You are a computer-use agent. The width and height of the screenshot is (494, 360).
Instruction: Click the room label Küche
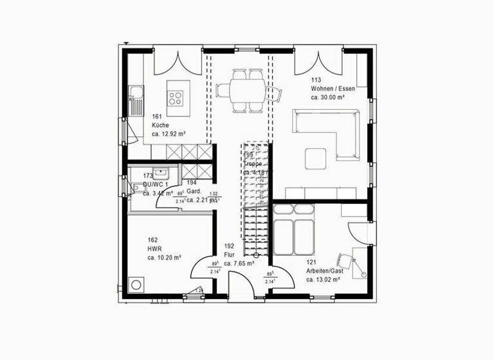click(160, 125)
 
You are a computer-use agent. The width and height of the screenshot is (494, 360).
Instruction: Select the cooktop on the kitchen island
click(176, 98)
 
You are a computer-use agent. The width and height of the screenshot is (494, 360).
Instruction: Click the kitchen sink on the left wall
click(136, 102)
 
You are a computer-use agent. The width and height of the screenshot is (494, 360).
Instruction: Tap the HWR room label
click(154, 249)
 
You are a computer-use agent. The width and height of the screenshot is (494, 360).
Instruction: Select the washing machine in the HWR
click(137, 285)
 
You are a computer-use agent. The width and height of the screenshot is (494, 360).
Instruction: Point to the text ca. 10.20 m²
click(164, 258)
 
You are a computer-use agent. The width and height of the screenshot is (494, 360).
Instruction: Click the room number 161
click(157, 116)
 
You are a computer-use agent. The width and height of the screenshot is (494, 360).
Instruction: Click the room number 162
click(152, 240)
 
